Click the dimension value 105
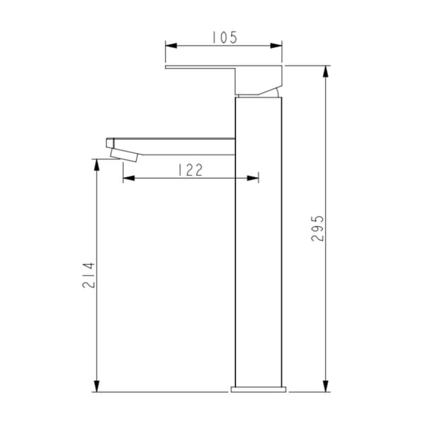[225, 38]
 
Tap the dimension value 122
[190, 170]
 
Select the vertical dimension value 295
[317, 228]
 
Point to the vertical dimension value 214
[89, 275]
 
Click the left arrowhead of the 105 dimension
[171, 45]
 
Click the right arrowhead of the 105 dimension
[276, 45]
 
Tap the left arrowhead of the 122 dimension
[129, 178]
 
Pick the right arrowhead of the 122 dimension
[253, 178]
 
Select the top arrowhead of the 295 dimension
[326, 72]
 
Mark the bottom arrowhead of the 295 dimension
[326, 386]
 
